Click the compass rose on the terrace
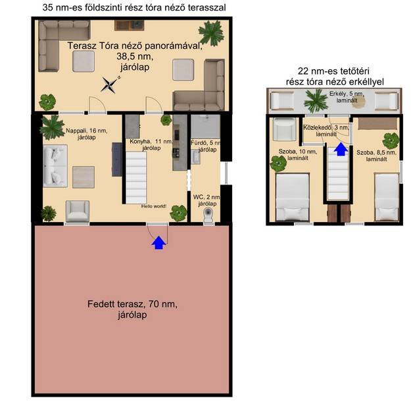tap(110, 84)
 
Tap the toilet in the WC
tap(208, 216)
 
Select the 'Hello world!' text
tap(154, 206)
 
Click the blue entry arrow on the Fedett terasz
tap(159, 243)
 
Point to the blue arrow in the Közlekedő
tap(341, 149)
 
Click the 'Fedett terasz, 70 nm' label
tap(132, 304)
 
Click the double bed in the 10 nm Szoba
tap(293, 197)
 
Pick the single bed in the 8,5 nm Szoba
tap(387, 197)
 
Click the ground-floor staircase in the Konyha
tap(136, 177)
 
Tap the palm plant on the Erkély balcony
tap(316, 100)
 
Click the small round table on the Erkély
tap(358, 103)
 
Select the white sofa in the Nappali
tap(55, 165)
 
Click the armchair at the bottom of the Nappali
tap(78, 212)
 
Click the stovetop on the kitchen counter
tap(176, 153)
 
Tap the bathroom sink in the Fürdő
tap(195, 157)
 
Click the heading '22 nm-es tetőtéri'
tap(333, 71)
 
